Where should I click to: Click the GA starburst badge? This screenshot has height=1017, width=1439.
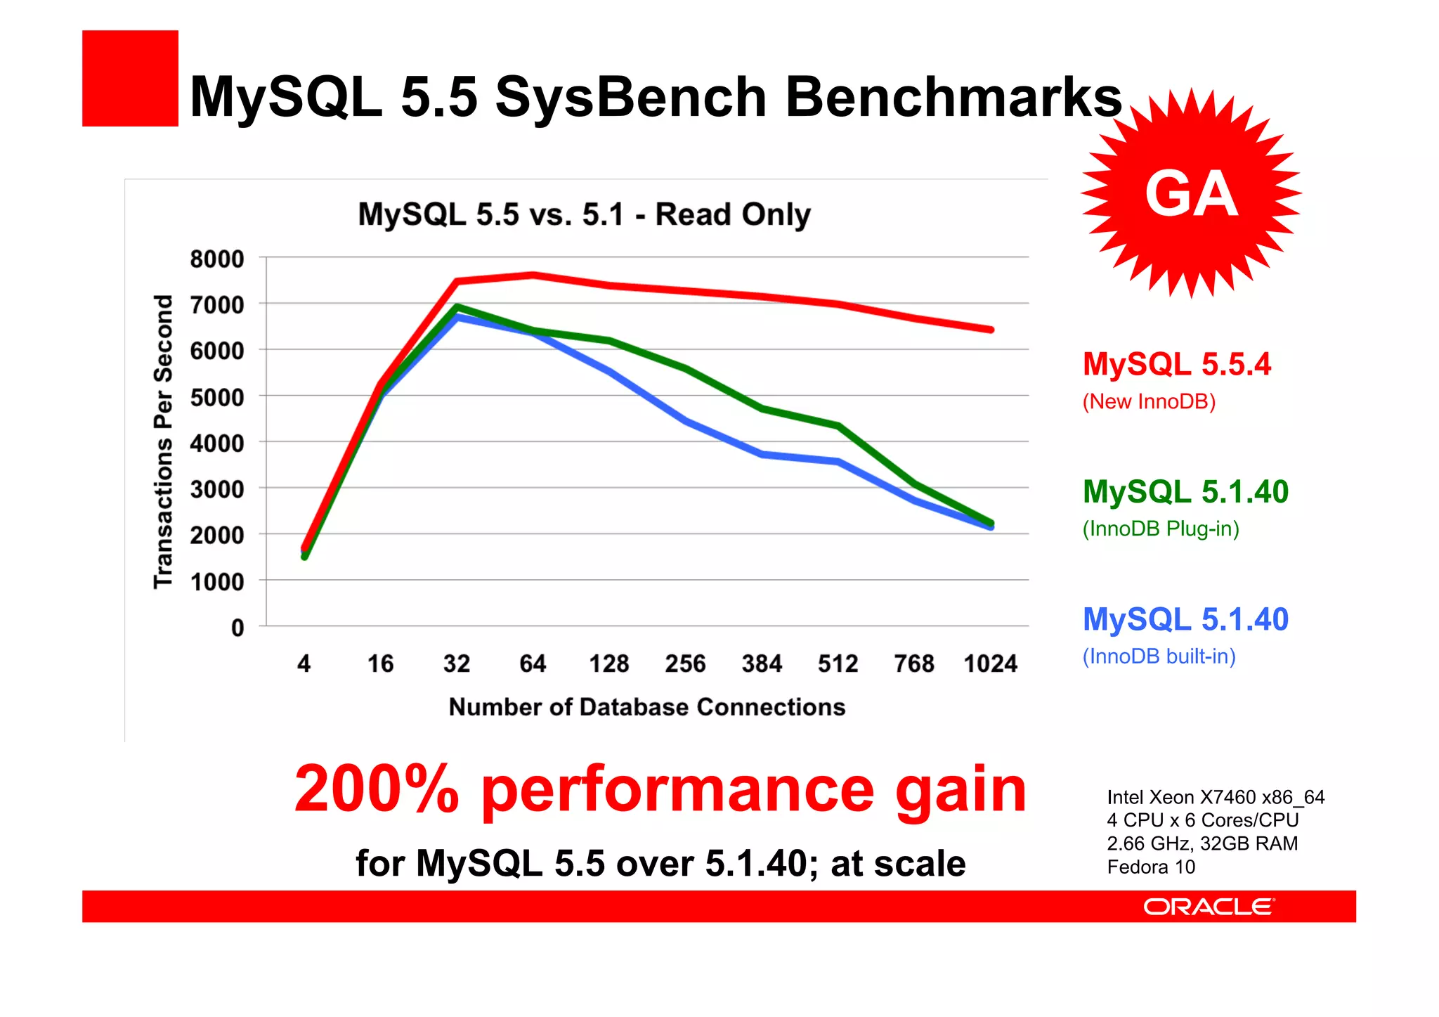tap(1190, 193)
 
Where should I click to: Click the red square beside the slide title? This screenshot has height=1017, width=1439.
tap(130, 78)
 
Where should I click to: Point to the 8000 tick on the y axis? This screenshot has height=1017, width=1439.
tap(217, 259)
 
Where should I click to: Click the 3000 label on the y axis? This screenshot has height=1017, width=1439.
tap(217, 489)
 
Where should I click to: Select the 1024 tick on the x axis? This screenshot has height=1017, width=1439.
tap(990, 663)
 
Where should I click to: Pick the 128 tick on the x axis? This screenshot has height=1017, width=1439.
tap(608, 663)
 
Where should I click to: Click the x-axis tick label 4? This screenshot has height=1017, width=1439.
tap(304, 663)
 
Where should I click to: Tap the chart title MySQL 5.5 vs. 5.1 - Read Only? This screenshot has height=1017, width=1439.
tap(584, 214)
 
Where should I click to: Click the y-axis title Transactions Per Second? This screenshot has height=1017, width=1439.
tap(163, 441)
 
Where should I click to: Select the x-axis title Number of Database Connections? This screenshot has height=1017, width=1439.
tap(646, 707)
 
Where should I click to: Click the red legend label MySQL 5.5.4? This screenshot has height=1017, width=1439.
tap(1176, 364)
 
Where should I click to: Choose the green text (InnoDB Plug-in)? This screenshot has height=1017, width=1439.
tap(1160, 529)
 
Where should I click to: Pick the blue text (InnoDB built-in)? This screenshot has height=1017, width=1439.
tap(1159, 656)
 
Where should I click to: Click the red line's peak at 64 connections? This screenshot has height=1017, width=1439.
tap(533, 275)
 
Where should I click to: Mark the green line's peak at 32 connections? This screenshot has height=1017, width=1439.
tap(457, 307)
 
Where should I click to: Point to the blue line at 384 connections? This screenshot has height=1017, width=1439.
tap(762, 455)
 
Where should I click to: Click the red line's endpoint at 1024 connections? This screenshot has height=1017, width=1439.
tap(991, 330)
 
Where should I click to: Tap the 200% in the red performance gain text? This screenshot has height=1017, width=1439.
tap(377, 789)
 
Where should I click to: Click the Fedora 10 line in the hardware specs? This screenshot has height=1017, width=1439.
tap(1151, 867)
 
